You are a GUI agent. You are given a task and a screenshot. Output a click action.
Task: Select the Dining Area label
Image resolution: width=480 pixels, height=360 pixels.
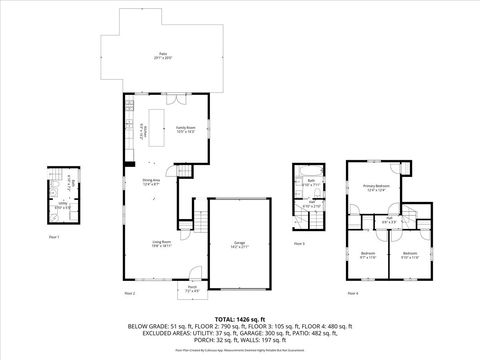(151, 182)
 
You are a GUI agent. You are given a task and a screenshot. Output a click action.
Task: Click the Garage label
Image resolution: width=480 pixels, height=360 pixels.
(240, 244)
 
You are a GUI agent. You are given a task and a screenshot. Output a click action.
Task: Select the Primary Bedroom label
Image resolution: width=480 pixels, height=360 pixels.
(376, 188)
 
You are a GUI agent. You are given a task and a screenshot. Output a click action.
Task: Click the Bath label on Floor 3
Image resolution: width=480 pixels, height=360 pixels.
(311, 182)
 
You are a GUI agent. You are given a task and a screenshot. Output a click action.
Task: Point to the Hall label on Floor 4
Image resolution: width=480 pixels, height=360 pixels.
(388, 220)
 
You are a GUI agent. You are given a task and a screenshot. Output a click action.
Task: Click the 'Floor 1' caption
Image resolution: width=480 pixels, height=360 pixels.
(54, 237)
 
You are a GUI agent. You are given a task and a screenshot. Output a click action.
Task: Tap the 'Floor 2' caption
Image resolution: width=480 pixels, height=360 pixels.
(129, 294)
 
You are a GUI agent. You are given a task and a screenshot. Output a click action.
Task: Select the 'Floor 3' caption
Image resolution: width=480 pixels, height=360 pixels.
(299, 244)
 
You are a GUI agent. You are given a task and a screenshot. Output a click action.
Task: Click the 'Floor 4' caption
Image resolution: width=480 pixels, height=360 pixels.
(351, 294)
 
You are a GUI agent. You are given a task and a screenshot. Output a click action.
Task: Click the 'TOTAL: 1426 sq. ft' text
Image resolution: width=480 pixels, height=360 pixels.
(240, 317)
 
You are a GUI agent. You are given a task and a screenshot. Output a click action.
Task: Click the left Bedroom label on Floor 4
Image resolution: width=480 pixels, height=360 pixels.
(367, 254)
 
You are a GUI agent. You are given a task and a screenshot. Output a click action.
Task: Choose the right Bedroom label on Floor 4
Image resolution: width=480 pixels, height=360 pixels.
(409, 254)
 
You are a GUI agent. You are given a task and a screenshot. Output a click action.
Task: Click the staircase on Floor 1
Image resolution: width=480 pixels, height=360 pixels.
(71, 187)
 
